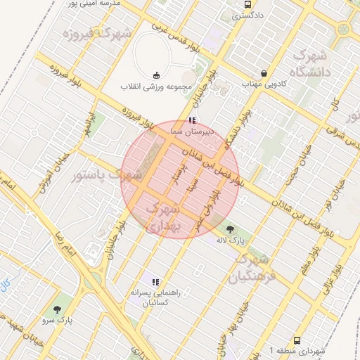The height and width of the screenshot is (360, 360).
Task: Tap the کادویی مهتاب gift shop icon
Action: pos(264,73)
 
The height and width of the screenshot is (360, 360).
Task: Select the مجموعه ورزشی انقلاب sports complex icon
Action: pos(156,75)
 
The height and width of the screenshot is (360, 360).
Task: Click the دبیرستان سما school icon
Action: pos(192,121)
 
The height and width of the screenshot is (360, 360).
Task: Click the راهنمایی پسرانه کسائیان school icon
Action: pos(155,282)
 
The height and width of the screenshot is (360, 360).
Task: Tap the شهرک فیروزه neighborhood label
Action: pos(98,33)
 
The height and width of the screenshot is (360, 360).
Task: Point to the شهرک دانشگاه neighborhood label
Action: pos(311,63)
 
